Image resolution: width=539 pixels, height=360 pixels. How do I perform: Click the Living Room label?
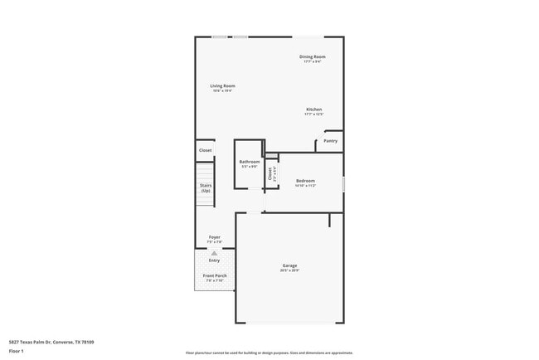tap(222, 86)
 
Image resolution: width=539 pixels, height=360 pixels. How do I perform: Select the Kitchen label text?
tap(313, 109)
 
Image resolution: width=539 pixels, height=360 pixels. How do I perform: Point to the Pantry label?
tap(330, 141)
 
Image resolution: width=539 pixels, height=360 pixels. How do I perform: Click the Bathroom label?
tap(250, 162)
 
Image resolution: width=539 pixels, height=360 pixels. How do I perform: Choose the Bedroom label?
tap(305, 181)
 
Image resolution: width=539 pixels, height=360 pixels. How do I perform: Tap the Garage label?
tap(289, 265)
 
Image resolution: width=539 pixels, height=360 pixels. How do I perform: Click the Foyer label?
tap(214, 237)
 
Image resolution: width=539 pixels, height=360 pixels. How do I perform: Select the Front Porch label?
tap(215, 275)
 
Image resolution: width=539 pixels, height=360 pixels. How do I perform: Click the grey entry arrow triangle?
tap(214, 253)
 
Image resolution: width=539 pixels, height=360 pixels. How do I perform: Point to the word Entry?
tap(214, 260)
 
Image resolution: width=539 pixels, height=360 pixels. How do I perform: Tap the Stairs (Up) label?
tap(205, 188)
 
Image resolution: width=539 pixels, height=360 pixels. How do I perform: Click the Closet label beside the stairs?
tap(205, 150)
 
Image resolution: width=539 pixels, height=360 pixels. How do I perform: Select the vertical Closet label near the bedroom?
tap(270, 173)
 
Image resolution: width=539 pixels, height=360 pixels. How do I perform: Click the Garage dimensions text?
tap(289, 270)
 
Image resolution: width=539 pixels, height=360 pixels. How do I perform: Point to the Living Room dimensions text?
tap(222, 91)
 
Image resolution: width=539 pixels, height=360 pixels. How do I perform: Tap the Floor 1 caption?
tap(17, 351)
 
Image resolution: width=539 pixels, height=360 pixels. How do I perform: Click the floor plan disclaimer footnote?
tap(269, 353)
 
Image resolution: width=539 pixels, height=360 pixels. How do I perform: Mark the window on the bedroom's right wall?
tap(343, 183)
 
